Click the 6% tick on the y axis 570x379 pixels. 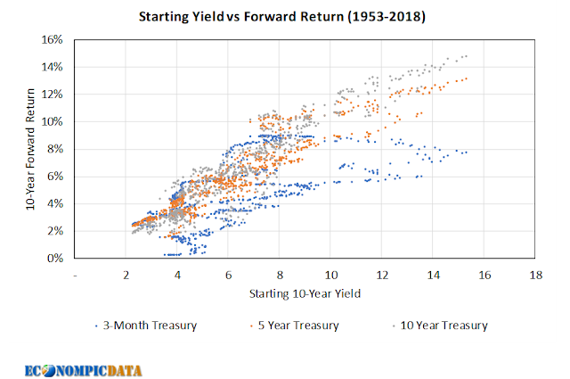55,176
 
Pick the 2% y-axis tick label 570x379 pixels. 55,231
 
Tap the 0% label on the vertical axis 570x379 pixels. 55,258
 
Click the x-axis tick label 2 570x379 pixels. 127,275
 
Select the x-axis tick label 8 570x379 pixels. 280,275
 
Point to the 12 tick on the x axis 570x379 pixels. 382,275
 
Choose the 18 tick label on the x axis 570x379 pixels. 535,275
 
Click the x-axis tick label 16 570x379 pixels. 484,275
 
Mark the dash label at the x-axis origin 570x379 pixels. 77,275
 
